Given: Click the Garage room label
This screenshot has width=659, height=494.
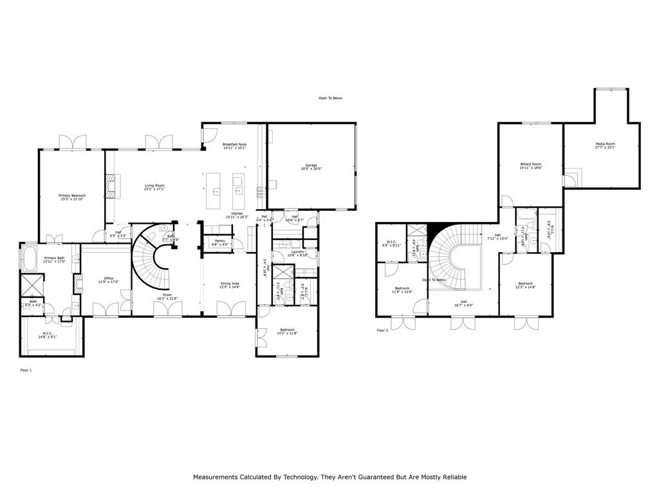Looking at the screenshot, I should click(x=311, y=167).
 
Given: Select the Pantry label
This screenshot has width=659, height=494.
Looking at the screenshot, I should click(x=219, y=242).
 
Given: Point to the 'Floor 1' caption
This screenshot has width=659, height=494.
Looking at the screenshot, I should click(x=26, y=370).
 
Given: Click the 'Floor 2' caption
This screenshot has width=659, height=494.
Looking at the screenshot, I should click(x=383, y=331).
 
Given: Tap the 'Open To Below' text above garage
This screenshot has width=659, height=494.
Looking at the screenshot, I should click(x=331, y=98).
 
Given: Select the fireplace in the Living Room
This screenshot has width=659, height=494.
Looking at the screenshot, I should click(x=111, y=187).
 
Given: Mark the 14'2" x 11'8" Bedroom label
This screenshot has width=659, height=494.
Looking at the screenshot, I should click(x=286, y=331).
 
